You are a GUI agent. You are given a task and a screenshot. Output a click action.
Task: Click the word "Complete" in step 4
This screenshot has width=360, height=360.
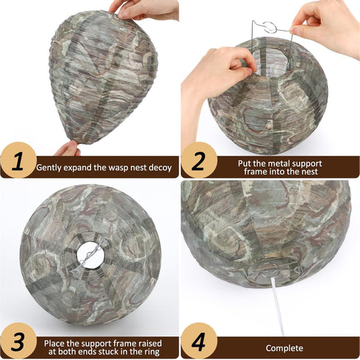284,348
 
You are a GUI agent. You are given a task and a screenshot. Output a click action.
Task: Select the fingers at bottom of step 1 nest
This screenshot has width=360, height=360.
68,148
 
